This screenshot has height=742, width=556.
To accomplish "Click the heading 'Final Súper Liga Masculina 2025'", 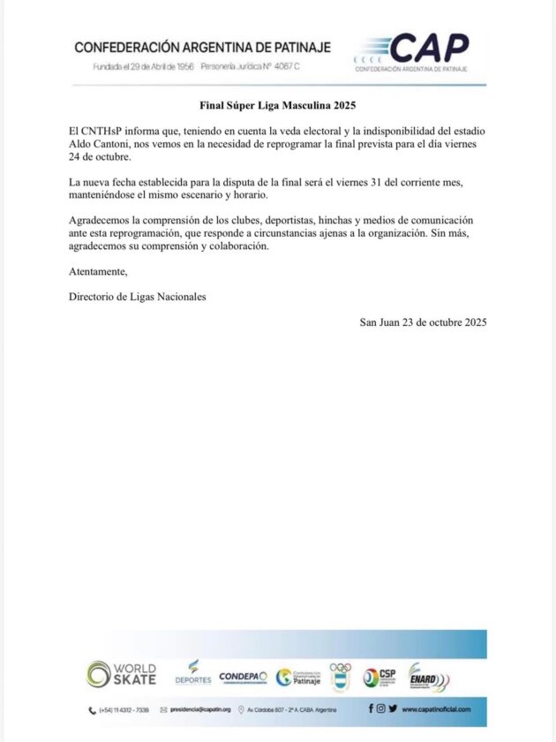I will [x=277, y=106].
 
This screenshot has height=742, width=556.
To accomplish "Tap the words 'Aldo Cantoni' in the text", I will [x=100, y=144].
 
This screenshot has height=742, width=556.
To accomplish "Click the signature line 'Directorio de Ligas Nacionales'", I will [x=137, y=297].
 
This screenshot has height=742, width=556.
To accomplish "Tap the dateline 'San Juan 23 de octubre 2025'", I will [x=423, y=322].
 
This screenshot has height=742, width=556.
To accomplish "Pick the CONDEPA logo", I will [x=243, y=676].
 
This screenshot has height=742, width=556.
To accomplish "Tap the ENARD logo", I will [x=429, y=676].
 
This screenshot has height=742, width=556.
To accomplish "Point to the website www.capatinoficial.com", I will [x=436, y=709].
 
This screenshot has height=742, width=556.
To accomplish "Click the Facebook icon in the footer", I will [x=371, y=708].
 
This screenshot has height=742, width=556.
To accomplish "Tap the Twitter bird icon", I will [x=392, y=708].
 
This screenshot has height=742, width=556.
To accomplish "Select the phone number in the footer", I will [x=124, y=709].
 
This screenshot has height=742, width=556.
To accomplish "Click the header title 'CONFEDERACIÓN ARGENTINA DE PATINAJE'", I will [x=204, y=47].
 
